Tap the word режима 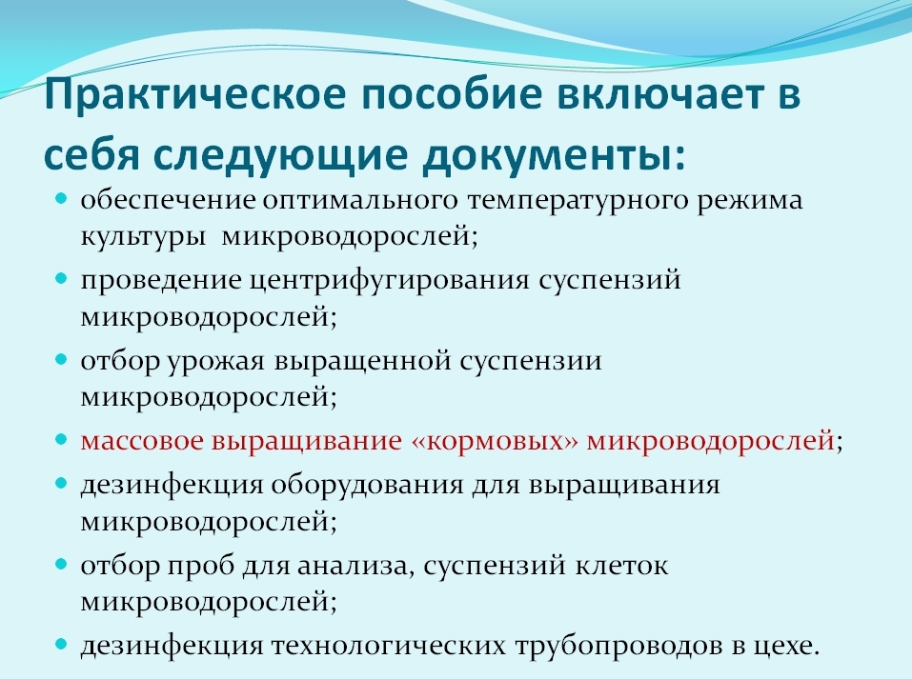point(749,202)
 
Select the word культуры point(144,236)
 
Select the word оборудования point(367,484)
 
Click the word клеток point(618,566)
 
